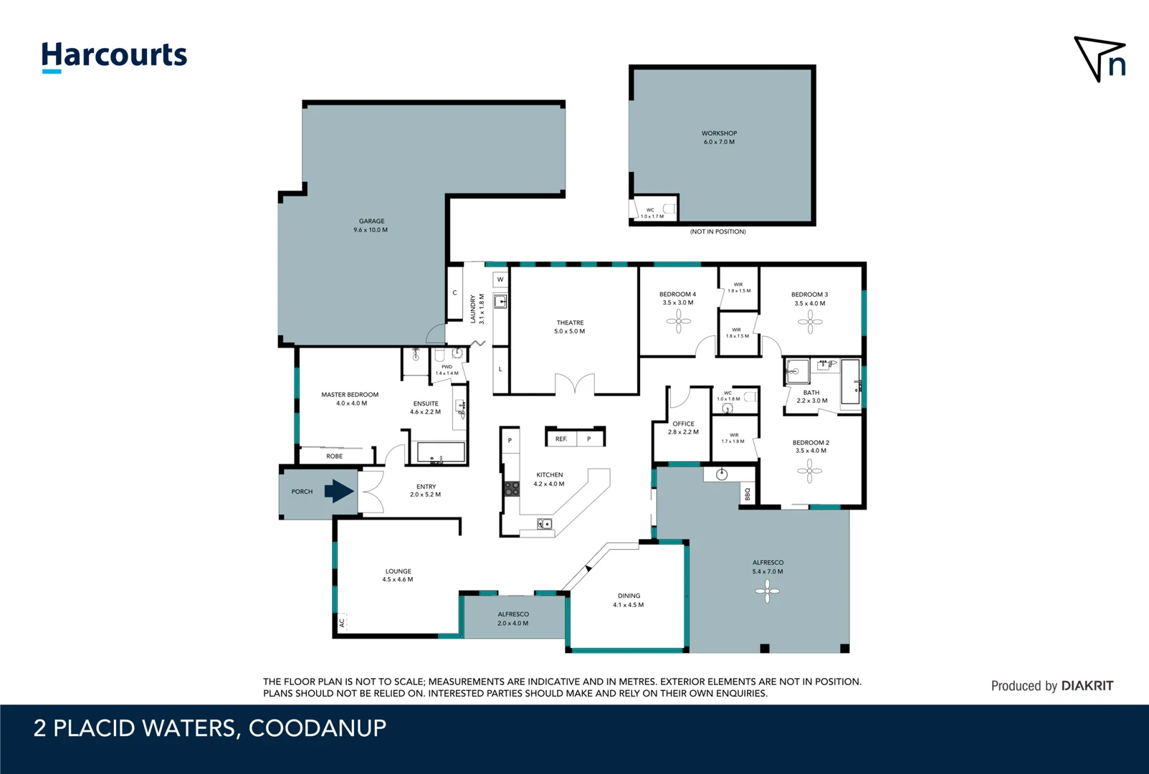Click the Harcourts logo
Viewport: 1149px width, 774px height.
tap(114, 56)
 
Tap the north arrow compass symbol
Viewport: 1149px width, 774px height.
tap(1100, 59)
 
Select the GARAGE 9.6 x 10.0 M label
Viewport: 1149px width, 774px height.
tap(371, 226)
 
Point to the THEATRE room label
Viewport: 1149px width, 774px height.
tap(570, 327)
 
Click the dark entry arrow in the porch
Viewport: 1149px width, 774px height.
tap(339, 491)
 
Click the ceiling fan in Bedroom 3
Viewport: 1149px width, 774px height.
tap(810, 322)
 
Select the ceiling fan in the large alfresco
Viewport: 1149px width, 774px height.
tap(767, 591)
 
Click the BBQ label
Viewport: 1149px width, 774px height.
tap(748, 494)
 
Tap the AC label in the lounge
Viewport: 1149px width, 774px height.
tap(342, 623)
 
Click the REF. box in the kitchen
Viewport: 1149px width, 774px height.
tap(561, 439)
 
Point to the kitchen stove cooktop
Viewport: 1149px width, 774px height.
tap(512, 489)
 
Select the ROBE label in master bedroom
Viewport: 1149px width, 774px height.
tap(334, 456)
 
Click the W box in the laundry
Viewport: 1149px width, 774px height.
tap(500, 279)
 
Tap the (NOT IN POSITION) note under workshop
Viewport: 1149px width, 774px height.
tap(717, 231)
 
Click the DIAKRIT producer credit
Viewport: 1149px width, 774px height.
tap(1087, 686)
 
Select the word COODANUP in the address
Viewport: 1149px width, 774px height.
tap(317, 728)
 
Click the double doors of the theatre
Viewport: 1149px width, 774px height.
tap(575, 385)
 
